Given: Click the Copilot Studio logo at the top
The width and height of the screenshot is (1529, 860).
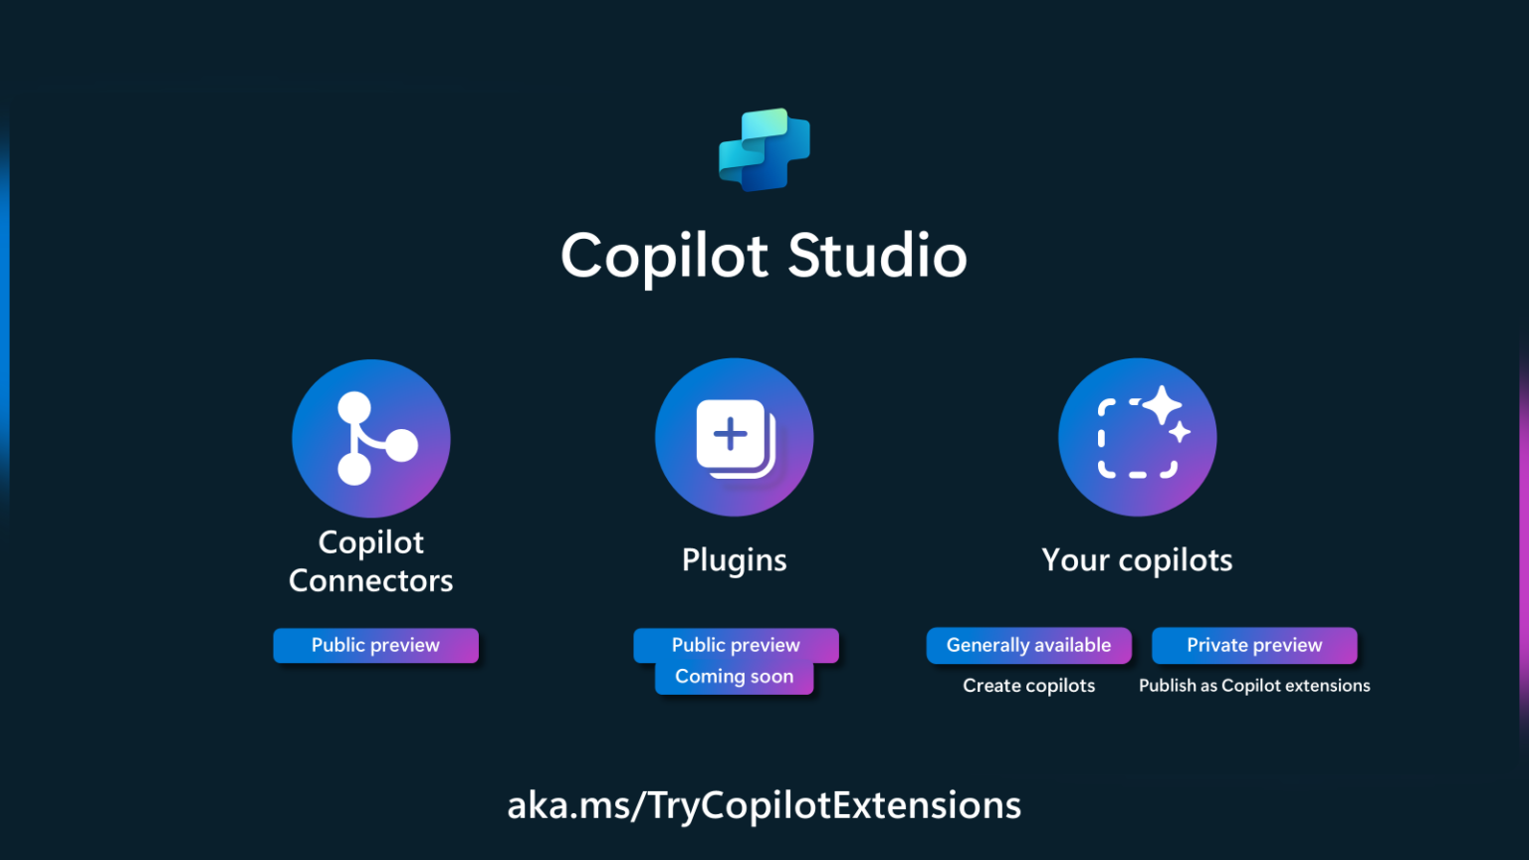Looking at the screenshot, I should [x=764, y=149].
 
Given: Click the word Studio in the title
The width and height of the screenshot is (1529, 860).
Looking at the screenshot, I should [x=877, y=256].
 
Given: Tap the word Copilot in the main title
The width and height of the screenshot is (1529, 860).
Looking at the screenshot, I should [x=664, y=257].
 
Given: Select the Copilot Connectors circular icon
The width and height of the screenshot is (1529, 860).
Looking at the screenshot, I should [x=371, y=438].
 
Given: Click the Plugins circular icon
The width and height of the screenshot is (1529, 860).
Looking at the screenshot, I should [x=735, y=437].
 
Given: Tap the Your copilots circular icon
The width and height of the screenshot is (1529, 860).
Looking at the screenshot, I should [x=1137, y=437].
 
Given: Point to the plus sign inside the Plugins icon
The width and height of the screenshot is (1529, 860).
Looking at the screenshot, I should [x=731, y=434].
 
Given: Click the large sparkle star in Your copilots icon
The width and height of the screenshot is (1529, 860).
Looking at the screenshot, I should [x=1162, y=405].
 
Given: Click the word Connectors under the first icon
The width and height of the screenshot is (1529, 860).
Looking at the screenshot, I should [x=371, y=580].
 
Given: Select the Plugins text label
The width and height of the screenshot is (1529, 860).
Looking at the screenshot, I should [x=735, y=560].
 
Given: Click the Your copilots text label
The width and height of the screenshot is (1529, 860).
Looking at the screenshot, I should [x=1137, y=560].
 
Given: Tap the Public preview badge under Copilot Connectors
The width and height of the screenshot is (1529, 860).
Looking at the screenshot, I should [x=375, y=645].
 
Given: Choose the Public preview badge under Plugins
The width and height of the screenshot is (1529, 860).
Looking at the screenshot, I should [x=736, y=645].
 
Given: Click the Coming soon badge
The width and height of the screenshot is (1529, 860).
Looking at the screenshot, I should [x=735, y=677].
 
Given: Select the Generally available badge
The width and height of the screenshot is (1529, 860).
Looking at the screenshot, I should [x=1028, y=645].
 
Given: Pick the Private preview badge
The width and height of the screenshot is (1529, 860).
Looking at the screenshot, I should [x=1254, y=645].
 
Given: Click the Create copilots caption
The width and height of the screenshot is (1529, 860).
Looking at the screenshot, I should [x=1028, y=686].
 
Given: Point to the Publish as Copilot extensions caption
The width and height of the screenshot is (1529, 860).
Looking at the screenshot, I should [x=1254, y=686].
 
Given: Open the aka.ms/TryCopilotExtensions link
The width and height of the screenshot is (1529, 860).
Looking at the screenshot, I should [x=764, y=805].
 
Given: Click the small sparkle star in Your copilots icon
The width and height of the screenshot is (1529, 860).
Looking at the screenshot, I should [x=1180, y=432].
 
